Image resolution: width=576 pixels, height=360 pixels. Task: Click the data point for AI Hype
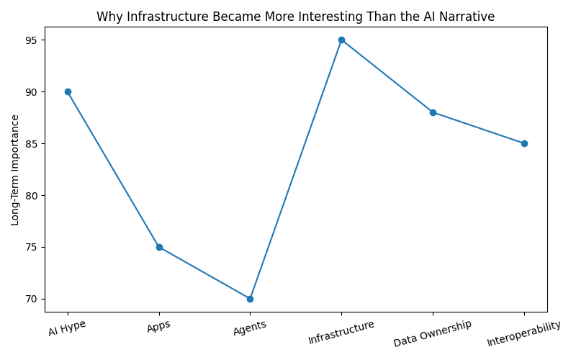pos(68,92)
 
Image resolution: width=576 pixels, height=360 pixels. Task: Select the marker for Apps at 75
pos(159,247)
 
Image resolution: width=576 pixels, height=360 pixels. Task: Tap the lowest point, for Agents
pos(250,299)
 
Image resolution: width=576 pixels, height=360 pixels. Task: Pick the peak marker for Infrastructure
pos(341,40)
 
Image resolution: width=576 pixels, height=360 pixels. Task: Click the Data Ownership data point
pos(433,112)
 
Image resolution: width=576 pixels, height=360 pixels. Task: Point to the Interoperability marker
pos(525,143)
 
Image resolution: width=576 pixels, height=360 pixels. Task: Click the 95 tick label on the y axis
pos(31,40)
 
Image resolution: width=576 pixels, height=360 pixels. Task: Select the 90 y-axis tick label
pos(31,92)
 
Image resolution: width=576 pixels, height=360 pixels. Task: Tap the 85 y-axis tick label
pos(31,143)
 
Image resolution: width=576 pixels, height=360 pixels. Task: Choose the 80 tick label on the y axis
pos(31,195)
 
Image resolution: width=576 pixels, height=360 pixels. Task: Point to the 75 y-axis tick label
pos(31,247)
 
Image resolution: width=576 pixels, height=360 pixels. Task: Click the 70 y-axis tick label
pos(31,299)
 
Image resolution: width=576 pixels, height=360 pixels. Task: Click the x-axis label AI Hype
pos(67,328)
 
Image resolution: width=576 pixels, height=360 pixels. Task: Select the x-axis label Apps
pos(158,326)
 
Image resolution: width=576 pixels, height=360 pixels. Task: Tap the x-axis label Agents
pos(250,328)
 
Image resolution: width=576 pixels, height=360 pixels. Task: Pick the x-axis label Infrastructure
pos(341,332)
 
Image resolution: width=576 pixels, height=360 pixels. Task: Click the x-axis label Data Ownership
pos(433,333)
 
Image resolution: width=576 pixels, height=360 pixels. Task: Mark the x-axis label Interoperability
pos(524,333)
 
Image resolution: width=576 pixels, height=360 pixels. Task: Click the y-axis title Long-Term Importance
pos(14,170)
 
